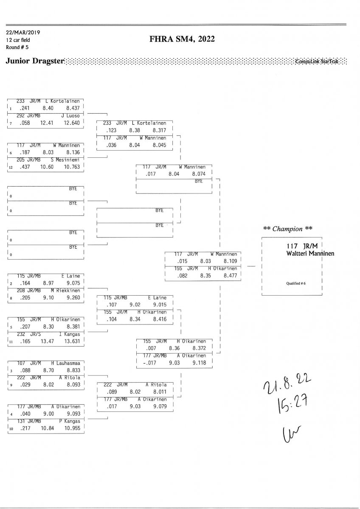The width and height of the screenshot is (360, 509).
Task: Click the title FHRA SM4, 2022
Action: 182,39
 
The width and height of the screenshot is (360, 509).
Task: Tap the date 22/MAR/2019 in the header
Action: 23,32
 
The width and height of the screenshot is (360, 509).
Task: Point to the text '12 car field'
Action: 18,40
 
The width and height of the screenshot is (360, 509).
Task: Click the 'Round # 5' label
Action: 16,47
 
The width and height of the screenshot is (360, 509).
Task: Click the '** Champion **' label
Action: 288,229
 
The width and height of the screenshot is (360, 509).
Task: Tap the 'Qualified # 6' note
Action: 296,283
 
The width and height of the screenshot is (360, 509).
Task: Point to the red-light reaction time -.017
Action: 150,363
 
